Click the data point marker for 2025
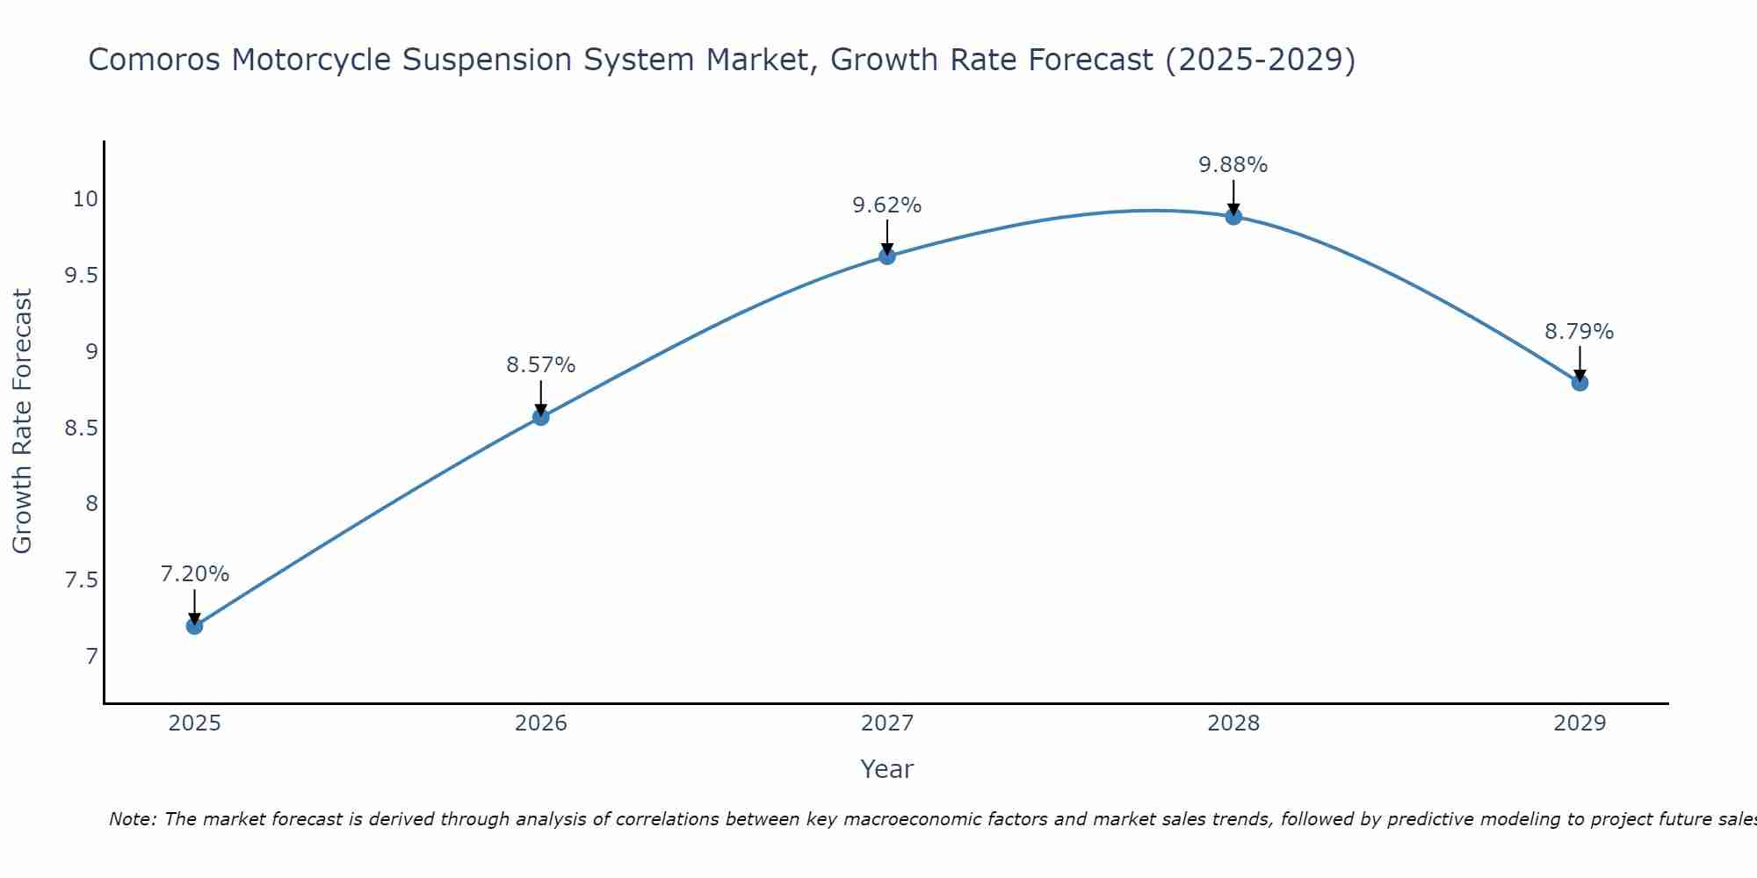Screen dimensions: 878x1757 (x=194, y=626)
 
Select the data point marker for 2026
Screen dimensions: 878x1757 (x=540, y=417)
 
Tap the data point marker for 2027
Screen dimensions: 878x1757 (x=886, y=256)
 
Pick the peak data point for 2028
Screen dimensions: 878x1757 (x=1233, y=217)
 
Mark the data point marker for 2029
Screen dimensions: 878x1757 (x=1580, y=383)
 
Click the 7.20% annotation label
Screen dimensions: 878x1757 (x=194, y=574)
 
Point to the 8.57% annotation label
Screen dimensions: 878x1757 (x=540, y=365)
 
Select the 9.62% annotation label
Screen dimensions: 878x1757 (x=886, y=205)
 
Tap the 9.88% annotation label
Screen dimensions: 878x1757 (x=1233, y=165)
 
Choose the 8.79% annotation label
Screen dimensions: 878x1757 (x=1579, y=332)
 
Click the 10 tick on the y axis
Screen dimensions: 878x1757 (x=85, y=199)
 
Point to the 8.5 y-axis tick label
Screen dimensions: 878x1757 (x=81, y=428)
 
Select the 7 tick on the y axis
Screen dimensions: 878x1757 (x=91, y=657)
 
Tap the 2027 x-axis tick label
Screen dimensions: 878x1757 (x=886, y=723)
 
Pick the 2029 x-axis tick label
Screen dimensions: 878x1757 (x=1580, y=723)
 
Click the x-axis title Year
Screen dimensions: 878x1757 (x=886, y=769)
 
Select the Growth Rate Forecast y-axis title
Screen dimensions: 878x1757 (x=22, y=421)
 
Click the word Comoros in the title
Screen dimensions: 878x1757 (x=154, y=60)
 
